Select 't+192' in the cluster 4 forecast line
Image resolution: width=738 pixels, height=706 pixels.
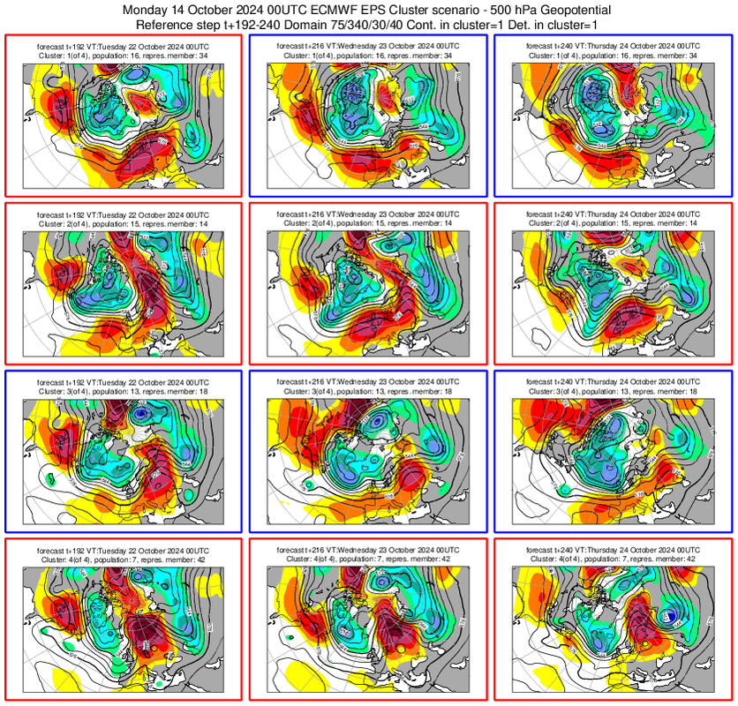click(77, 549)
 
